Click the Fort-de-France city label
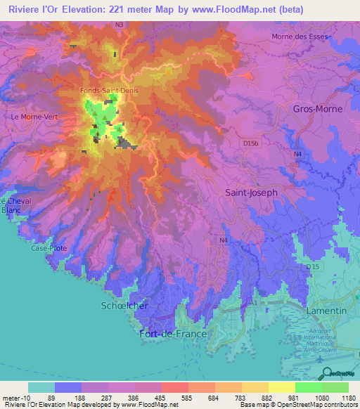[173, 334]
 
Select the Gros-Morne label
[318, 109]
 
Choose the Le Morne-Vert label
[33, 117]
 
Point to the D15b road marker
[251, 143]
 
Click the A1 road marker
[251, 303]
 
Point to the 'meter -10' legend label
[15, 397]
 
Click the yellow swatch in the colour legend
[281, 387]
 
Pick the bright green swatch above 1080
[308, 387]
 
